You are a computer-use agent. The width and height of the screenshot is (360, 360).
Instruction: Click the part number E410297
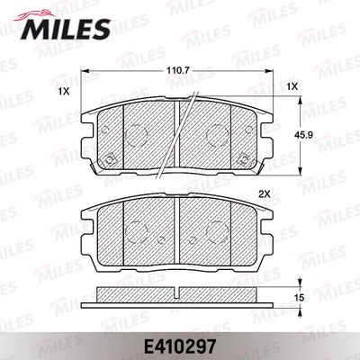click(180, 346)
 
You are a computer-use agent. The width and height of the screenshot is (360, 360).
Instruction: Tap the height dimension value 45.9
click(304, 135)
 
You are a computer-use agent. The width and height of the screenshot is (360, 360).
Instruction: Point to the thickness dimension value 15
click(300, 298)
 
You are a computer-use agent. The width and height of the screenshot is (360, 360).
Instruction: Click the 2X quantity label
click(265, 194)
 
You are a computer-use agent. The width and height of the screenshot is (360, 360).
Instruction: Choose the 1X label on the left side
click(64, 92)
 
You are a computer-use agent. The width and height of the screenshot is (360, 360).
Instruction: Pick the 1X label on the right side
click(292, 86)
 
